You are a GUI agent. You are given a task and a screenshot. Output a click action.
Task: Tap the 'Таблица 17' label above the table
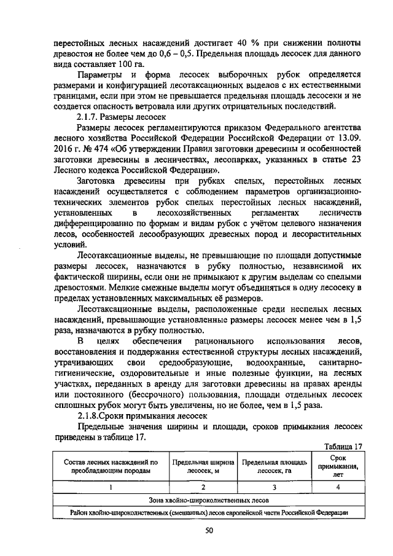coord(343,446)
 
